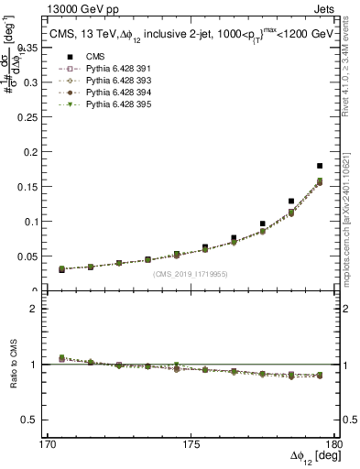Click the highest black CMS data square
tap(320, 166)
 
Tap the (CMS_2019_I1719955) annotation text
tap(191, 273)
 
